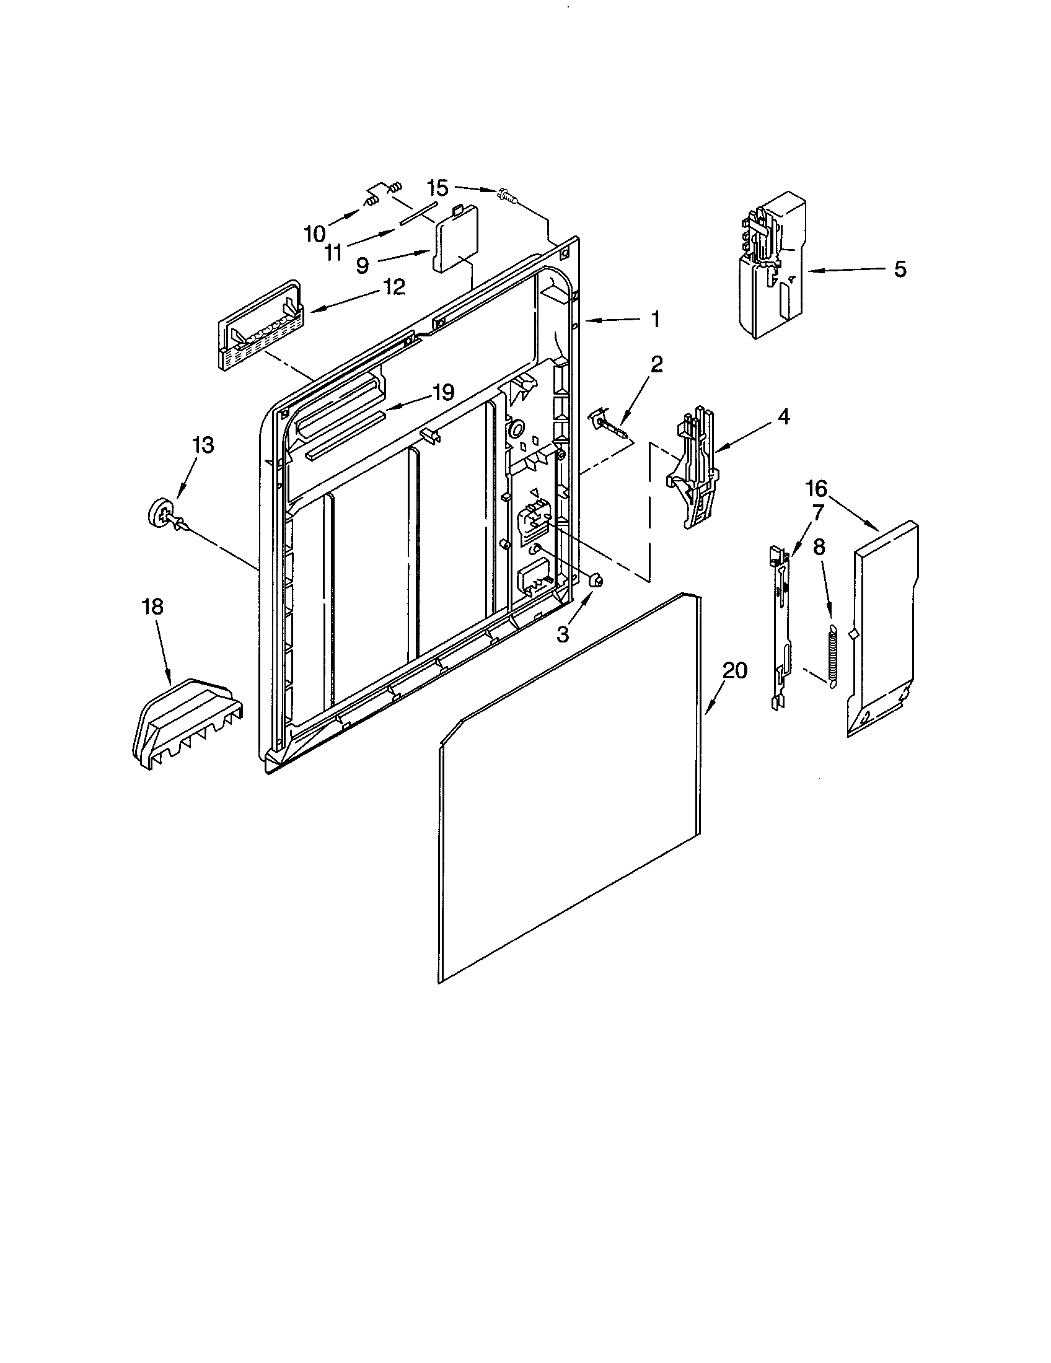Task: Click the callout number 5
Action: [x=899, y=270]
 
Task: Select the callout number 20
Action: [x=734, y=671]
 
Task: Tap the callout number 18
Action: [x=152, y=607]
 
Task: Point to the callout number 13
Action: [x=203, y=445]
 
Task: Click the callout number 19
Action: [x=443, y=393]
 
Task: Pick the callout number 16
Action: [x=816, y=489]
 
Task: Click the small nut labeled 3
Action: [x=596, y=581]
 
